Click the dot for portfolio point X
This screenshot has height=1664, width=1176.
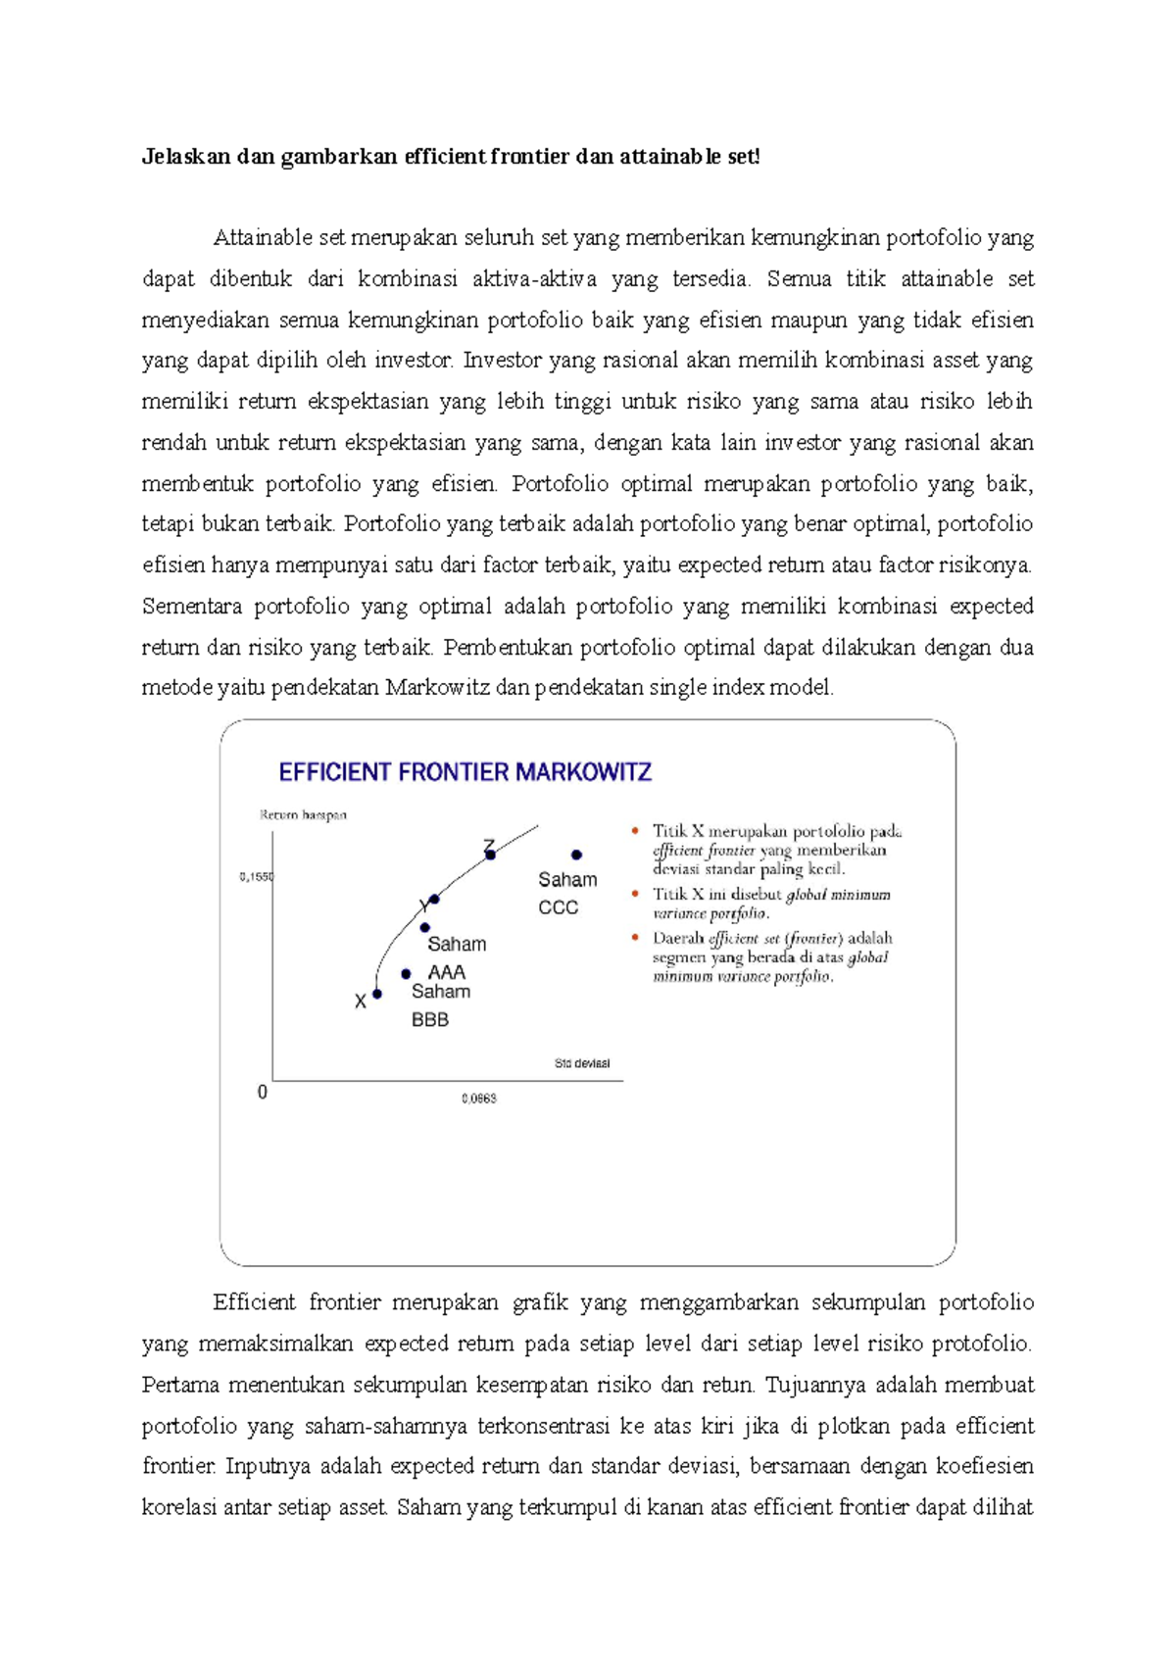tap(377, 994)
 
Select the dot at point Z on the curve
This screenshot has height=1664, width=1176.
tap(491, 855)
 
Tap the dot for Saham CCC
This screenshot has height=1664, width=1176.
tap(577, 855)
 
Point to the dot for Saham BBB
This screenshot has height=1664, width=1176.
tap(406, 974)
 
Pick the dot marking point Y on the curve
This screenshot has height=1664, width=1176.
tap(434, 899)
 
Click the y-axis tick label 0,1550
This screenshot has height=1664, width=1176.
tap(257, 877)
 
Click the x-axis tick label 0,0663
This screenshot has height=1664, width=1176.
tap(479, 1099)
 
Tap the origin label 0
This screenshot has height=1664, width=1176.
tap(262, 1092)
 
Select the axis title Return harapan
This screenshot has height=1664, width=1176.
tap(303, 814)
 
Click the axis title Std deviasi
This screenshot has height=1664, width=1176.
tap(582, 1063)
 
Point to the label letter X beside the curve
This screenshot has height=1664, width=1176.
tap(361, 1002)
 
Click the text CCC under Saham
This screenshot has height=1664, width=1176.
tap(559, 907)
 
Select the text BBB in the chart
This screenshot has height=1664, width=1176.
tap(430, 1019)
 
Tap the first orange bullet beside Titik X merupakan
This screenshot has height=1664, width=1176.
tap(634, 831)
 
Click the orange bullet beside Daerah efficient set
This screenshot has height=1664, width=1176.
tap(634, 938)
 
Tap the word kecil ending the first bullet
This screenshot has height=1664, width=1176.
tap(825, 868)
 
